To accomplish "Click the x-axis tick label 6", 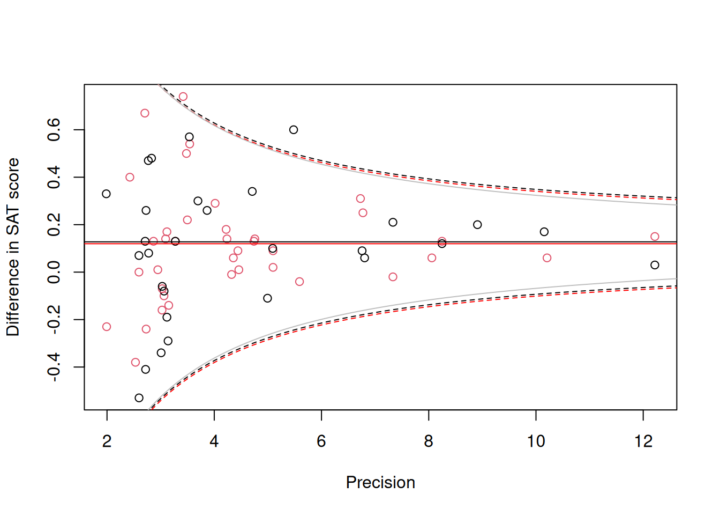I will (321, 442).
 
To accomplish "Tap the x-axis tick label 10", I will (536, 442).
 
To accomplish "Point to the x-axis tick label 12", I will (643, 442).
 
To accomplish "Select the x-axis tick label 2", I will (107, 442).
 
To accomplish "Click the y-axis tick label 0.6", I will (54, 130).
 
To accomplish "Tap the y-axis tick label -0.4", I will (54, 367).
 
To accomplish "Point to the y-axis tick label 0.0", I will (54, 272).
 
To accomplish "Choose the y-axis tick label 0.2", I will (54, 225).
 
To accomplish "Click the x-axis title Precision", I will (380, 482).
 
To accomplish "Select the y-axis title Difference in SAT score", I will (13, 247).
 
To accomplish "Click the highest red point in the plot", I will (183, 97).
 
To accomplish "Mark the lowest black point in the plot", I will (139, 398).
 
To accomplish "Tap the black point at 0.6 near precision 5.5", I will (294, 130).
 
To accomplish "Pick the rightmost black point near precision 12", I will (655, 265).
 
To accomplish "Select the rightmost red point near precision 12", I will (655, 237).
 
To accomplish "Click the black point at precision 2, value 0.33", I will (106, 194).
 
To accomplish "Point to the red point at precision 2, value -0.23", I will (107, 327).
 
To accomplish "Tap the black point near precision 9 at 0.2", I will (477, 225).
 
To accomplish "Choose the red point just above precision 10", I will (547, 258).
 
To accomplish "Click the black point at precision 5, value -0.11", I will (268, 298).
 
